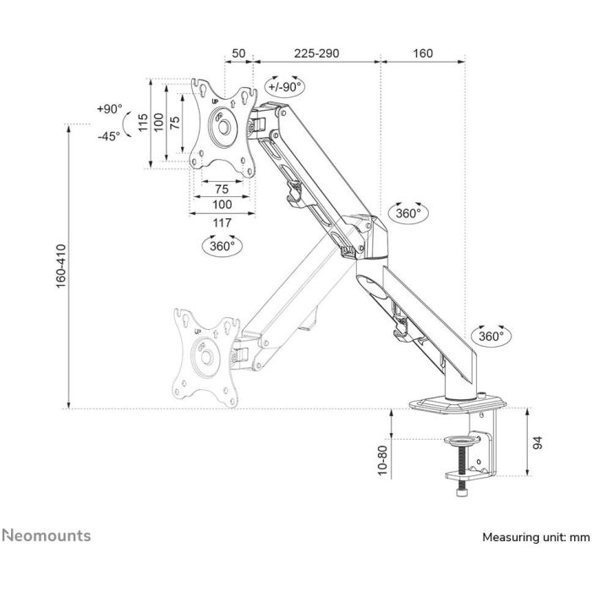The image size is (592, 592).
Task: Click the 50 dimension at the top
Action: pos(238,52)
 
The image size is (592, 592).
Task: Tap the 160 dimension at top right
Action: pos(422,52)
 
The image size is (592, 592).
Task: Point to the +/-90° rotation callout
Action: pos(284,87)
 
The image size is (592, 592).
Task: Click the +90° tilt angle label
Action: pos(109,109)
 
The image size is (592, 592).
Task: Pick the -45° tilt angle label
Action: pos(109,135)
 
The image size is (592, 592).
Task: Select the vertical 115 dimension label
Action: pos(143,125)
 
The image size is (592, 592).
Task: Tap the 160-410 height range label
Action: pos(60,266)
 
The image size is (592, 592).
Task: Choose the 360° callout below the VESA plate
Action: pos(222,246)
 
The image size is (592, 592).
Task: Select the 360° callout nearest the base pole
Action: pos(491,335)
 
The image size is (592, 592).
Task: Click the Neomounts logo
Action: pos(47,535)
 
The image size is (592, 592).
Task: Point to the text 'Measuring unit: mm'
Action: pos(535,537)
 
